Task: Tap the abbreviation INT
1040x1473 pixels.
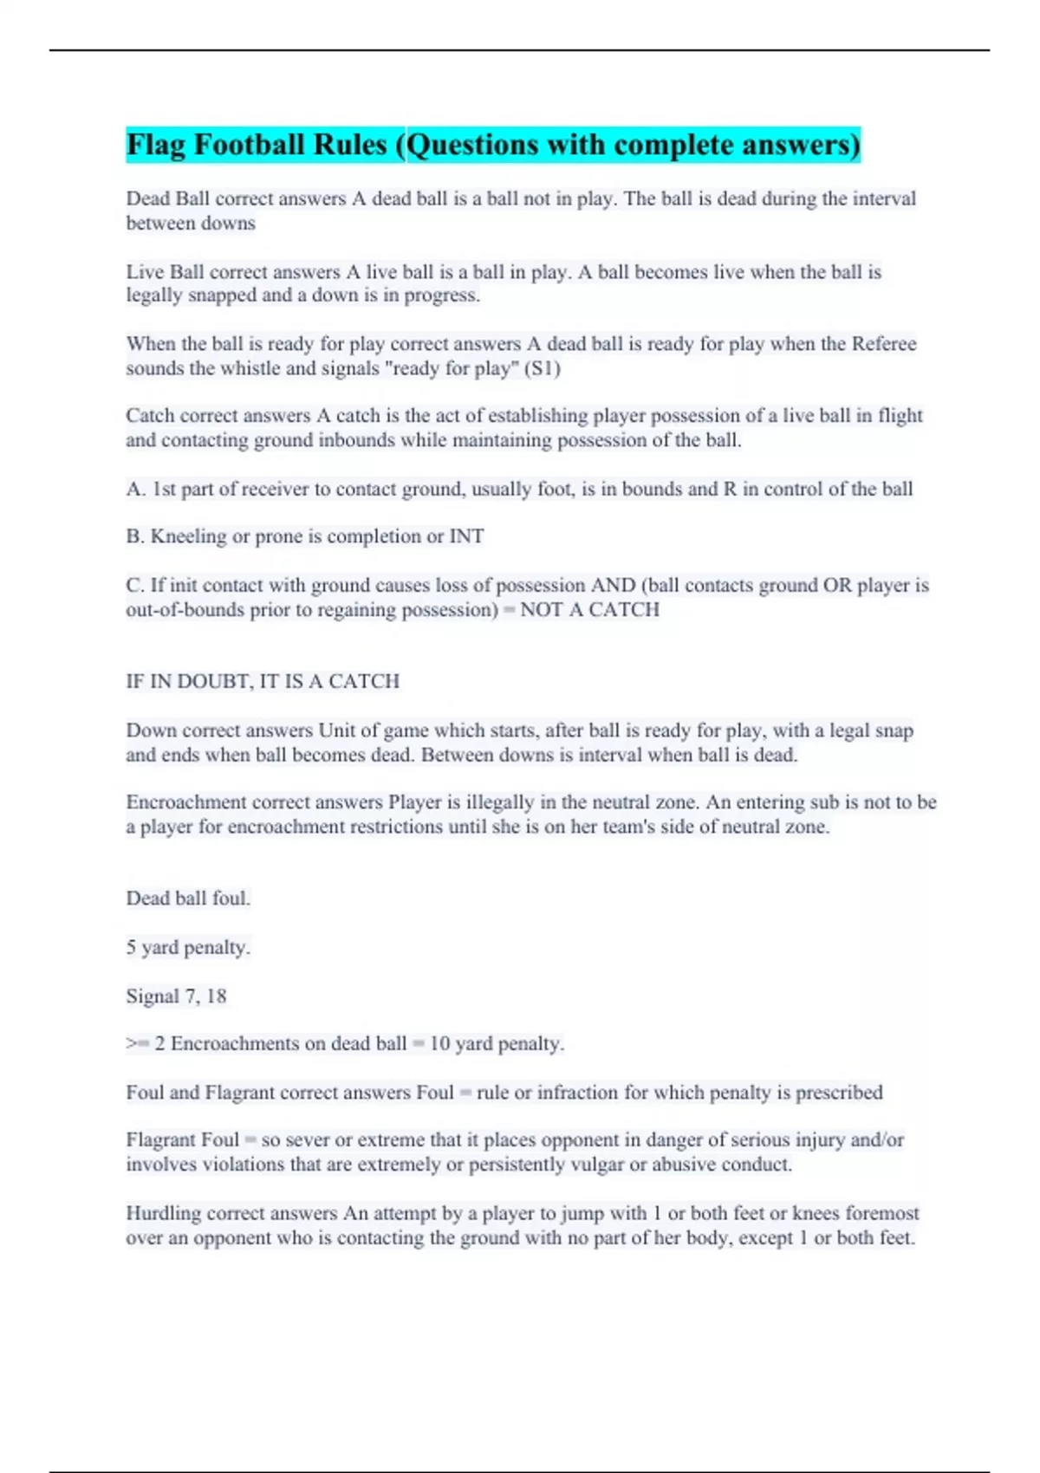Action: point(466,536)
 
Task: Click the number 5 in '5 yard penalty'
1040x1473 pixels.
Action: point(132,948)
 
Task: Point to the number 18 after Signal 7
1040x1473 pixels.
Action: point(216,996)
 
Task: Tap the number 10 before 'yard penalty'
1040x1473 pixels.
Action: point(440,1044)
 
